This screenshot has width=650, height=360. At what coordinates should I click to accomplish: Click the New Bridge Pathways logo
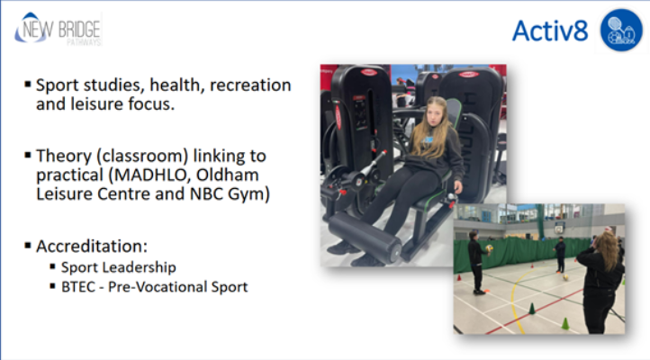point(58,29)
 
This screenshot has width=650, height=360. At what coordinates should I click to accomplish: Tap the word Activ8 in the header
point(550,31)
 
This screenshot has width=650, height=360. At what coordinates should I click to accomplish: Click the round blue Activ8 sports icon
point(621,31)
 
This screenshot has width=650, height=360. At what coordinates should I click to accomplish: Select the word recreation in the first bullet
point(250,85)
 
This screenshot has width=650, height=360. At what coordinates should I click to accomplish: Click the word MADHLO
point(151,175)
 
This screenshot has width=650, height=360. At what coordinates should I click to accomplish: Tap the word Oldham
point(227,175)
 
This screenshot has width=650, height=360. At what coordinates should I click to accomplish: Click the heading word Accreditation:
point(92,246)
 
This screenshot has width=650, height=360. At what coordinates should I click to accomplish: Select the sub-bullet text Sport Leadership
point(119,267)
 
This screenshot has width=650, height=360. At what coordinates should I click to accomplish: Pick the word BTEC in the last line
point(78,287)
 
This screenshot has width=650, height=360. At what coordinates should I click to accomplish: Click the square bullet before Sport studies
point(28,85)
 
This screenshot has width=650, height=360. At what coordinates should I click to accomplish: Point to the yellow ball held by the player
point(489,248)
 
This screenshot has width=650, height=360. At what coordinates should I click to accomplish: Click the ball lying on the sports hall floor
point(565,277)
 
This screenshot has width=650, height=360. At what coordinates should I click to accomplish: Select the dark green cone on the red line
point(532,309)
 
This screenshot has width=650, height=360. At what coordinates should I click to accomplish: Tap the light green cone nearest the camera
point(565,323)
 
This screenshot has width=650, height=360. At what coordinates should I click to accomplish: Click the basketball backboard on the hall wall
point(560,227)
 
